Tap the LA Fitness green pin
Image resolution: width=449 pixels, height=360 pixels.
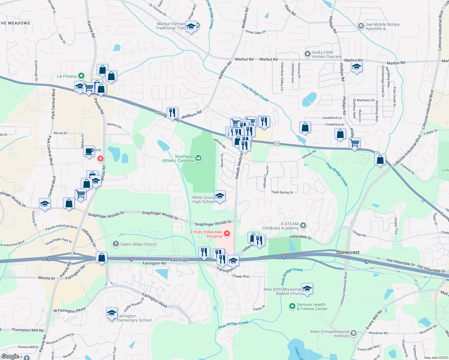click(x=81, y=76)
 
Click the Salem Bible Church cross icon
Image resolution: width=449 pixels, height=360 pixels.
click(x=116, y=244)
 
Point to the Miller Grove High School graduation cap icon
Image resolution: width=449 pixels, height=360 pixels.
click(x=220, y=196)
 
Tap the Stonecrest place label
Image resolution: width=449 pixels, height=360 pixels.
click(x=348, y=252)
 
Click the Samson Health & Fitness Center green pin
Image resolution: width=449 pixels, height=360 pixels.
click(x=292, y=306)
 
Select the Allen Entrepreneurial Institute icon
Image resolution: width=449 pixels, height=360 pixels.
click(x=354, y=333)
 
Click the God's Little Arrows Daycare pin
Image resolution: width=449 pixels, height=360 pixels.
click(x=307, y=54)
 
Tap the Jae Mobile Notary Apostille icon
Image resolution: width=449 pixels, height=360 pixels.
click(x=361, y=26)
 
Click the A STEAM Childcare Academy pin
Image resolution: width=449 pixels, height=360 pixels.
click(x=303, y=225)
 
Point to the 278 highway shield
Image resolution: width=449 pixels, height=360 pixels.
click(x=277, y=144)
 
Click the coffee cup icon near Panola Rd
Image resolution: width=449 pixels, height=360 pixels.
click(x=89, y=151)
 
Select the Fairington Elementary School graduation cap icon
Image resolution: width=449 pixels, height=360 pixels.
click(x=112, y=313)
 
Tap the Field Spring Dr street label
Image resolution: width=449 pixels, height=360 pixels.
click(x=282, y=192)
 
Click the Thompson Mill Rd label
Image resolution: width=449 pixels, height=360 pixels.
click(x=27, y=330)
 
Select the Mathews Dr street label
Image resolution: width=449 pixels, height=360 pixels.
click(x=366, y=100)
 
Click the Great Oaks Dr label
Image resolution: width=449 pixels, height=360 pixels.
click(x=255, y=32)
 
